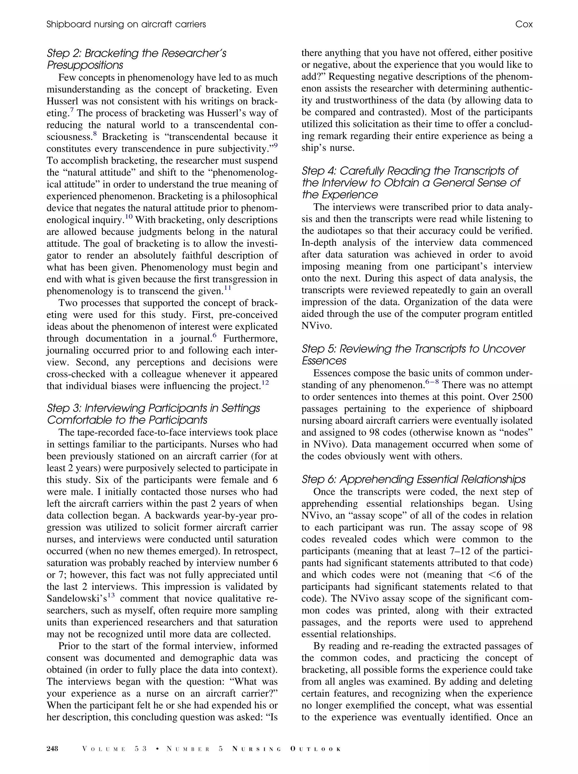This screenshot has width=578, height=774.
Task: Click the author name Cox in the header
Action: (x=524, y=24)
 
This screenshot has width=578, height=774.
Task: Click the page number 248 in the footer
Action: (x=53, y=749)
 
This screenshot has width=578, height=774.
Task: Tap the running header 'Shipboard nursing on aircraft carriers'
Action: (x=126, y=24)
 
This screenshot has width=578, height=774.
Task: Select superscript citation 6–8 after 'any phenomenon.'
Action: (x=432, y=382)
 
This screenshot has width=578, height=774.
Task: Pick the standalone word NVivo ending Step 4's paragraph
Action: (x=316, y=326)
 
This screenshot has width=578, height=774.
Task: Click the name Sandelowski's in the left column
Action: (x=76, y=599)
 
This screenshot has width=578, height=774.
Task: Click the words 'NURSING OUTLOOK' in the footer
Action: (x=286, y=749)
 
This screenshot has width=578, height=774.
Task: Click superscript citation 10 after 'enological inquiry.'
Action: (x=129, y=217)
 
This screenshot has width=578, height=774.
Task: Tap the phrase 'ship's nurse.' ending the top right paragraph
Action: (x=328, y=148)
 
